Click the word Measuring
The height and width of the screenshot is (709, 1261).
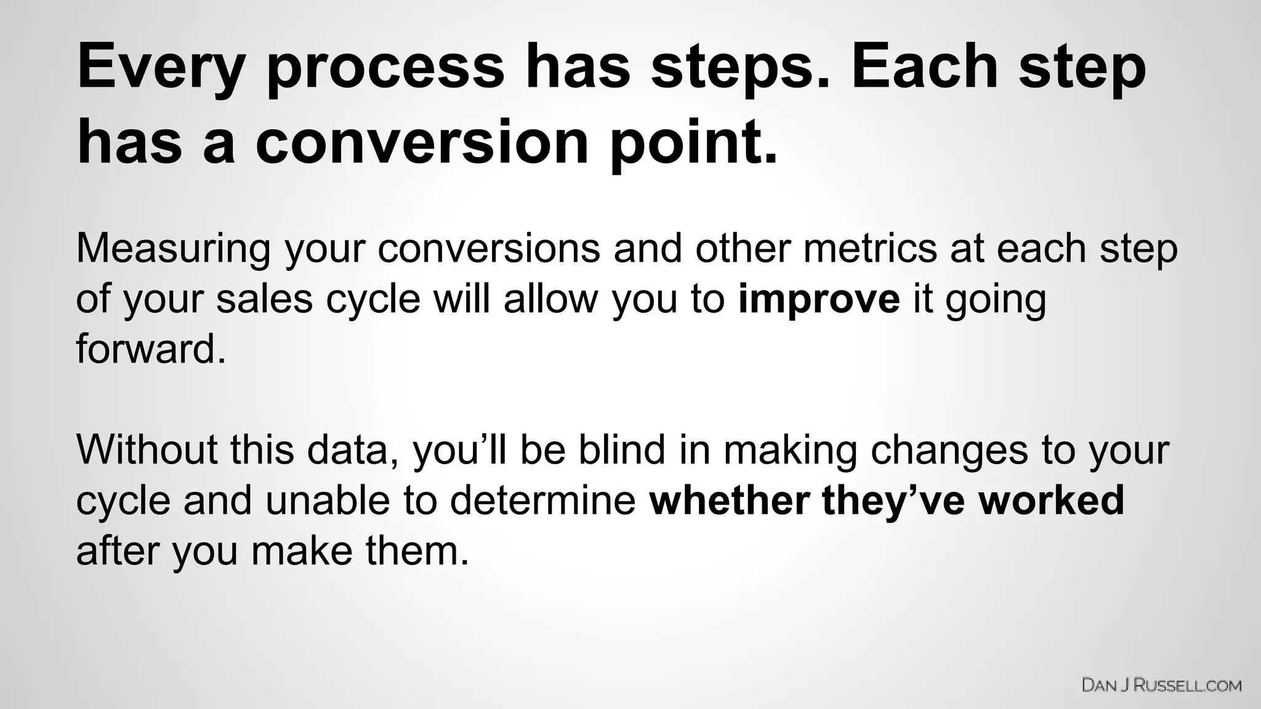173,249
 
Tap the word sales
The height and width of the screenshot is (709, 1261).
265,299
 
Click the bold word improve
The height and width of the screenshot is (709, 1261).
818,299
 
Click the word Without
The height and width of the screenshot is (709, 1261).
147,449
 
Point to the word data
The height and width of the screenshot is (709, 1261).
352,449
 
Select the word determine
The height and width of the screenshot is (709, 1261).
542,500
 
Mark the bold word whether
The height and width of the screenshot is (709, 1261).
729,500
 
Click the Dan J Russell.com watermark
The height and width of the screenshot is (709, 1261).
1161,685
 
